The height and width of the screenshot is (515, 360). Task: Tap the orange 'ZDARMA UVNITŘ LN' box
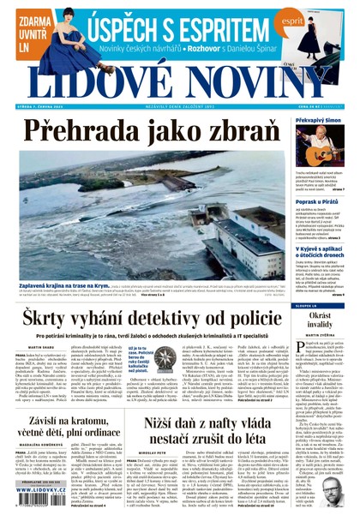[26, 32]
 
